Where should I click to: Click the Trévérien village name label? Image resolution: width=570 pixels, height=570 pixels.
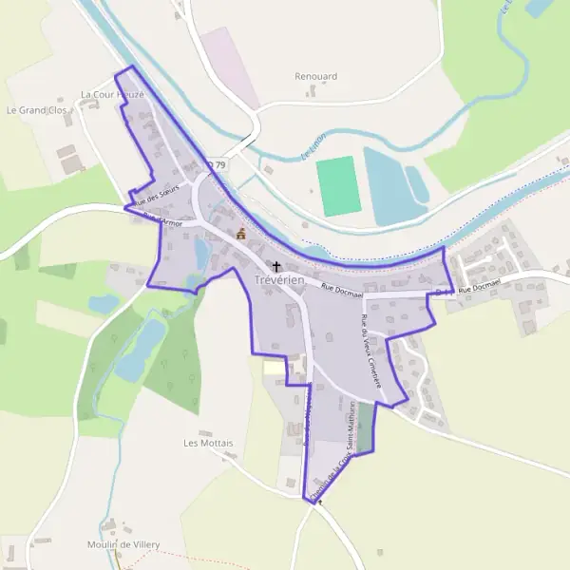click(x=278, y=280)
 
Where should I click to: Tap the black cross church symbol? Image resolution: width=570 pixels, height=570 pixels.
click(x=276, y=267)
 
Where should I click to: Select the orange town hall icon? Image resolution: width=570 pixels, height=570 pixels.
click(x=241, y=234)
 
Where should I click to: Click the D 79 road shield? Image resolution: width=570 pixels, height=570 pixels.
click(x=218, y=165)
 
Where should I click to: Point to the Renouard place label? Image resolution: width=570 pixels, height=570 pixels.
click(x=314, y=75)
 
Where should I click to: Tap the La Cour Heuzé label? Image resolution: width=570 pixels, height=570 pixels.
click(x=111, y=94)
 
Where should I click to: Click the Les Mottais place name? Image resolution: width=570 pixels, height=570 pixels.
click(x=208, y=443)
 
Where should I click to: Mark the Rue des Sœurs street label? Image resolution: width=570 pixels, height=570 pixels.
click(x=157, y=195)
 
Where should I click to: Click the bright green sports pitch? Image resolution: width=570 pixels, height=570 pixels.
click(x=338, y=186)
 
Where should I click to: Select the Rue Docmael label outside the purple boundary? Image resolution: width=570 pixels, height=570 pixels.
click(x=479, y=289)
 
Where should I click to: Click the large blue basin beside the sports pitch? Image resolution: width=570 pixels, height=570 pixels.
click(x=389, y=186)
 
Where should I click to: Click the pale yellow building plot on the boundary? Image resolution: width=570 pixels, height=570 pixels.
click(x=273, y=367)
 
